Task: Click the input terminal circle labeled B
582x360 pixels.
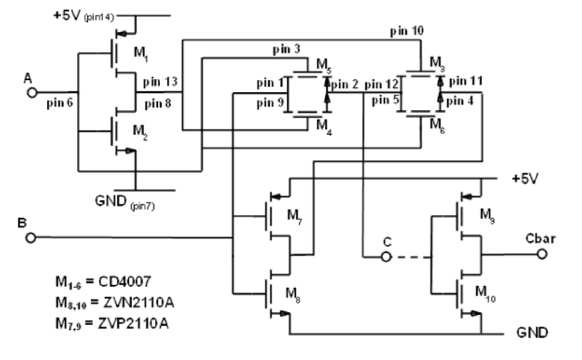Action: (x=32, y=238)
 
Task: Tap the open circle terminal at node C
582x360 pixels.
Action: (x=386, y=257)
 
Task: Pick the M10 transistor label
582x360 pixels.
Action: (x=485, y=293)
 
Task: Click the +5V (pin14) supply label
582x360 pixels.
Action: (x=85, y=16)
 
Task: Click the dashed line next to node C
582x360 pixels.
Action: (x=410, y=257)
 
